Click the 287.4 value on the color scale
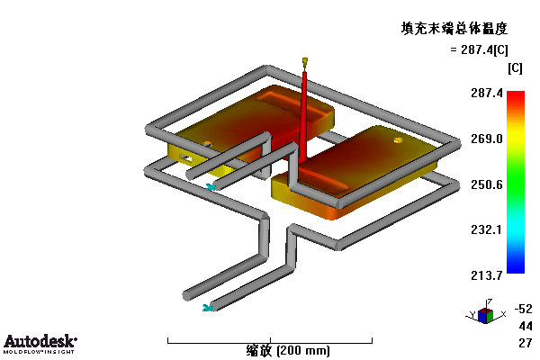[487, 93]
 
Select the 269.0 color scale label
[487, 139]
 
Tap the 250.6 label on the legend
[487, 184]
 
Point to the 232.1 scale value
[487, 229]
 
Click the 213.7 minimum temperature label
[487, 275]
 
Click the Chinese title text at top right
[454, 29]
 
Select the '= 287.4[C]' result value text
[479, 50]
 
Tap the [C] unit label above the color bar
[515, 68]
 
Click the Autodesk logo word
[40, 341]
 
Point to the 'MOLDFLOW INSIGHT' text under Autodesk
[39, 352]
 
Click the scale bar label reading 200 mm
[288, 351]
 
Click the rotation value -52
[524, 309]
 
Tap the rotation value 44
[526, 326]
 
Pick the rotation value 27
[526, 343]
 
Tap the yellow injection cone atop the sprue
[305, 62]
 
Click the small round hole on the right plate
[398, 140]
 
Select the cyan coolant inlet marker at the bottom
[207, 308]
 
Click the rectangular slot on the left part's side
[186, 158]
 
